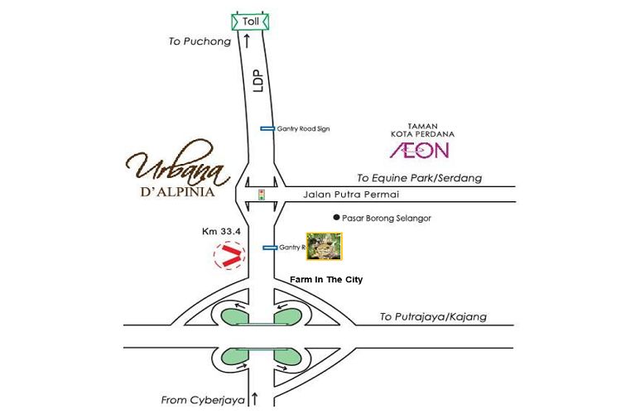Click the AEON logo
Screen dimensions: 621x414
pos(420,150)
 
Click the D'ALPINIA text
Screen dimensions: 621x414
pos(173,195)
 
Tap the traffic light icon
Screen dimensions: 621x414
pos(261,195)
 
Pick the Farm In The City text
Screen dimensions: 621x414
pos(326,280)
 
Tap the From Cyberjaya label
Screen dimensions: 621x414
pos(204,399)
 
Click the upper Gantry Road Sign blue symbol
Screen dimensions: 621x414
pos(267,128)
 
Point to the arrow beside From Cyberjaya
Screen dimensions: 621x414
pos(255,398)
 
